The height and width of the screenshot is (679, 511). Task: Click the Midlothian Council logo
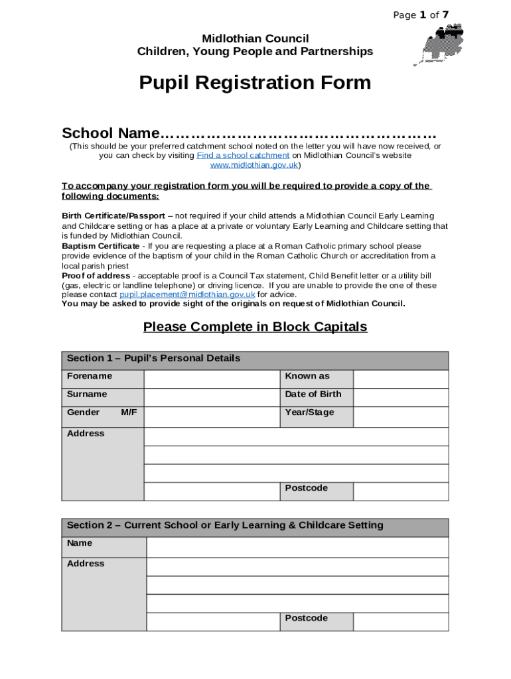[x=439, y=44]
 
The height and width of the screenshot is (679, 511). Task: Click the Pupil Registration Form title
[x=255, y=83]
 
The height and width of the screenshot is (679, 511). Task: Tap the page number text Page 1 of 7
[x=421, y=15]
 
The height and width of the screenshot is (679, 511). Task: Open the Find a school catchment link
[x=243, y=155]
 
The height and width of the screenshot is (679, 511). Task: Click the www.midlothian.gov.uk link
[x=254, y=164]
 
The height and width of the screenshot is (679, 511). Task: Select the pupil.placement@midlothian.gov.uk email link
[x=187, y=294]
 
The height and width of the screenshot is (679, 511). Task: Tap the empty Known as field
[x=400, y=379]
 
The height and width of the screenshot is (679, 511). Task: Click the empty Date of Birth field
[x=400, y=397]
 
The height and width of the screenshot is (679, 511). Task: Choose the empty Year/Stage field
[x=400, y=416]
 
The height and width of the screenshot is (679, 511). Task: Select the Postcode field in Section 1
[x=400, y=491]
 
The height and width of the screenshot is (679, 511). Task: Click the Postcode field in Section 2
[x=400, y=621]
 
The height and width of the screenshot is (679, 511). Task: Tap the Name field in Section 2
[x=297, y=547]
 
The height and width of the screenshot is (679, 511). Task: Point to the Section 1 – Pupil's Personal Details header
[x=154, y=359]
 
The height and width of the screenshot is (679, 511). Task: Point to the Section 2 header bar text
[x=225, y=526]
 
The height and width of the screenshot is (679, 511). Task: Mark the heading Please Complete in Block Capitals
[x=255, y=327]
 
